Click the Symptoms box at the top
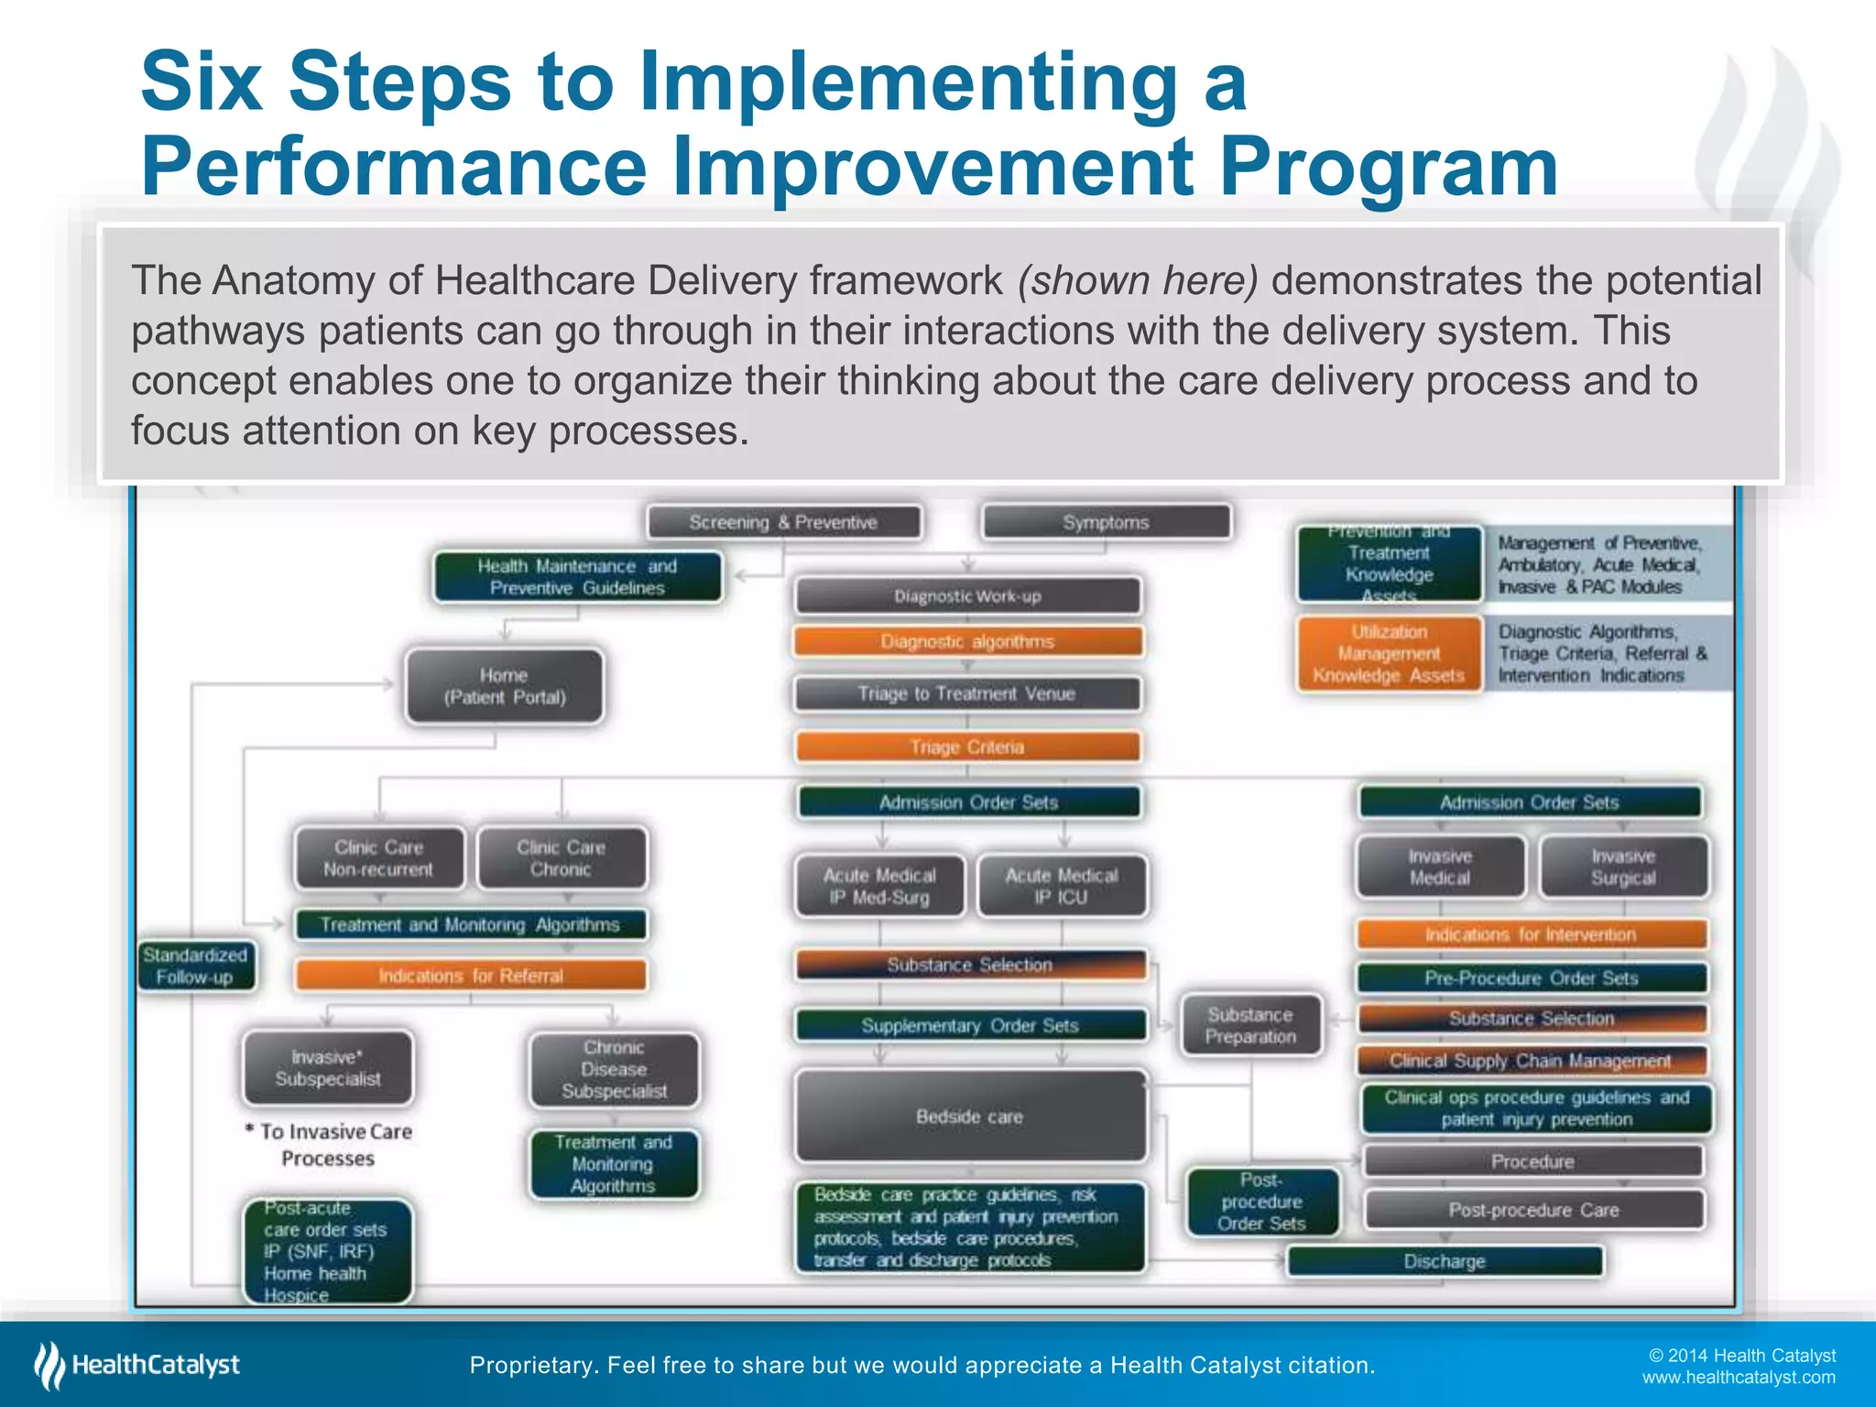pyautogui.click(x=1106, y=522)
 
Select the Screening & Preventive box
pyautogui.click(x=783, y=522)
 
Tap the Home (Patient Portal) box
pyautogui.click(x=505, y=686)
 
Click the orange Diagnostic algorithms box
pyautogui.click(x=967, y=641)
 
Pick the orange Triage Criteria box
pyautogui.click(x=967, y=747)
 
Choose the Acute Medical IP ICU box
pyautogui.click(x=1062, y=886)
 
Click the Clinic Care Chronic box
pyautogui.click(x=561, y=858)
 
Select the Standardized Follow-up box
pyautogui.click(x=195, y=965)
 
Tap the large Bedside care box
pyautogui.click(x=969, y=1116)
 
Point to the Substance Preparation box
pyautogui.click(x=1250, y=1025)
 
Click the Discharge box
pyautogui.click(x=1445, y=1261)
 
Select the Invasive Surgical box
pyautogui.click(x=1623, y=867)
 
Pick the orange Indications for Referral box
pyautogui.click(x=471, y=976)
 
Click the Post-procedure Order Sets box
pyautogui.click(x=1261, y=1201)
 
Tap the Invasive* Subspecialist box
pyautogui.click(x=328, y=1068)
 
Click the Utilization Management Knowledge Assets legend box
pyautogui.click(x=1389, y=653)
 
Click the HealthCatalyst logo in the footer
pyautogui.click(x=137, y=1365)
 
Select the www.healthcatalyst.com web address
pyautogui.click(x=1738, y=1378)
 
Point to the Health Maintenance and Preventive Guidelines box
pyautogui.click(x=577, y=577)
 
